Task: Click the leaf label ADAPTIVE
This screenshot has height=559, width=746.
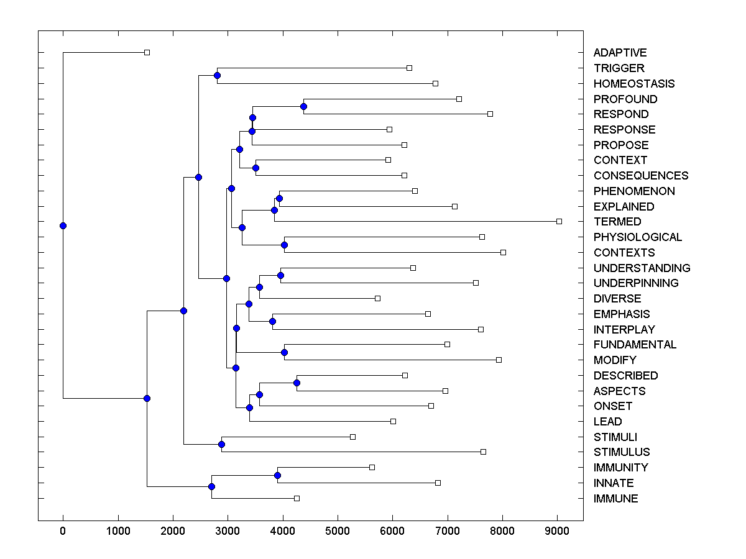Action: coord(620,53)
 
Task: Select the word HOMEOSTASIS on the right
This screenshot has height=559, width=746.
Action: coord(633,84)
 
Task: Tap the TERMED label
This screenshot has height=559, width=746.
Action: coord(617,222)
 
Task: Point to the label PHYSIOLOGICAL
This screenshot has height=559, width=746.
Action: coord(637,237)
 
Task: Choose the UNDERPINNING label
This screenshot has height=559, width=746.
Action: coord(635,283)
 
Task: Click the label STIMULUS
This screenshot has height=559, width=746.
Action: coord(621,452)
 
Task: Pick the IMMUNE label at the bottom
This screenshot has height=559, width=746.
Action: coord(615,499)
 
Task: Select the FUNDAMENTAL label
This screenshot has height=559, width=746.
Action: coord(635,345)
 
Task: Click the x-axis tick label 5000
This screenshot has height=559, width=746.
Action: coord(338,531)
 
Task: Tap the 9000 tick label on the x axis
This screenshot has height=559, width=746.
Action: coord(557,531)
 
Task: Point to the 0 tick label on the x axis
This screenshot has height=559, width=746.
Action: coord(63,531)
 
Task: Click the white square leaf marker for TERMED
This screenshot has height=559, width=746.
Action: coord(559,221)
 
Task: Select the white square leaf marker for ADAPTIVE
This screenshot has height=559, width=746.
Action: coord(147,52)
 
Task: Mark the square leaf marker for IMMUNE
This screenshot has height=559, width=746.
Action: coord(297,498)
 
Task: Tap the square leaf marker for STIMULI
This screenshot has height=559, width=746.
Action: coord(352,437)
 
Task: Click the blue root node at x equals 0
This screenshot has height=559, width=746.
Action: coord(63,225)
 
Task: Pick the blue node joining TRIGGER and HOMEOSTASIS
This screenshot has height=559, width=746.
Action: coord(217,76)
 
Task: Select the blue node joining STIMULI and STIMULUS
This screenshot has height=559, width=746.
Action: coord(221,444)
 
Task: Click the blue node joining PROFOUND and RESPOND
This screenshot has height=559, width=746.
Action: coord(303,106)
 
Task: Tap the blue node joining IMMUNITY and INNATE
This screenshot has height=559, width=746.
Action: coord(277,475)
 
